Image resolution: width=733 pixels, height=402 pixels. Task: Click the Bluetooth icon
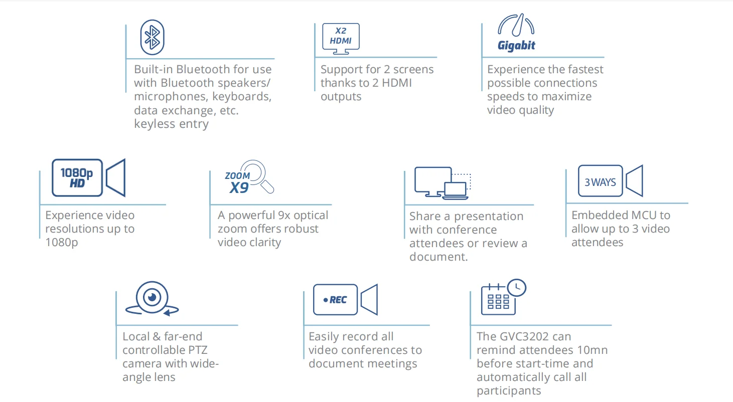(x=152, y=37)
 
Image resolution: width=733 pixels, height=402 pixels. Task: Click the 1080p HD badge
(x=77, y=177)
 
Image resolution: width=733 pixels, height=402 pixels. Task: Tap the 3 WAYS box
(x=600, y=182)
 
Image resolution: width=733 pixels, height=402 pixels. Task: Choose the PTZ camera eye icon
(x=152, y=298)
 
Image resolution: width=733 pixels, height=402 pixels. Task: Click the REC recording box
(x=335, y=300)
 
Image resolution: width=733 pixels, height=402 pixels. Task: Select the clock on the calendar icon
(x=516, y=287)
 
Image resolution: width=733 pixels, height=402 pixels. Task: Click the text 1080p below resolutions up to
(x=62, y=243)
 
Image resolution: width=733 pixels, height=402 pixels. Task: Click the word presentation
(x=489, y=217)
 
